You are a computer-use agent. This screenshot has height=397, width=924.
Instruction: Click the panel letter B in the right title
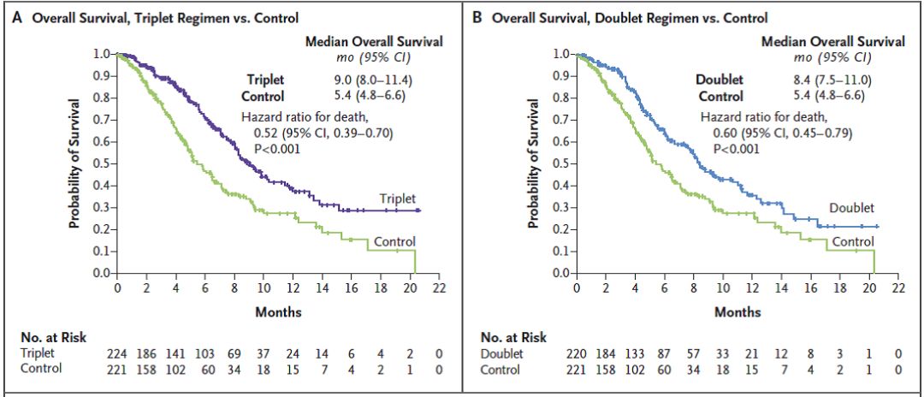[477, 17]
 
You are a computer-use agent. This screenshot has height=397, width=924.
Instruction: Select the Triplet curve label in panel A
[398, 198]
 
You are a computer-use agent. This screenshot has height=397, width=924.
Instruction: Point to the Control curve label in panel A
[394, 241]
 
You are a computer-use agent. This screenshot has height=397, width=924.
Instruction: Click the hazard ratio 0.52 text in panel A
[323, 133]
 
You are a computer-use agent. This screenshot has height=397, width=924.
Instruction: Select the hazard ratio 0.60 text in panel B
[783, 133]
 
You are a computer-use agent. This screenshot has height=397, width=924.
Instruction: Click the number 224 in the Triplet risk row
[117, 353]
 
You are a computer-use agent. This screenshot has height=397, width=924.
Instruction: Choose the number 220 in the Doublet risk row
[577, 353]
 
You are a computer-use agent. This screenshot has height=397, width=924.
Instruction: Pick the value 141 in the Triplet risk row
[176, 353]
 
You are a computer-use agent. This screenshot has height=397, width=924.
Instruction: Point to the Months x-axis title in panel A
[278, 312]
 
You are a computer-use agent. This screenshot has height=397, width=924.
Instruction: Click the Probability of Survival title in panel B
[535, 163]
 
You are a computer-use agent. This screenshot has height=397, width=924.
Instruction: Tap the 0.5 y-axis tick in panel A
[101, 163]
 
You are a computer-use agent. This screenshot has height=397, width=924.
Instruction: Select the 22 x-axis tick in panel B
[898, 289]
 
